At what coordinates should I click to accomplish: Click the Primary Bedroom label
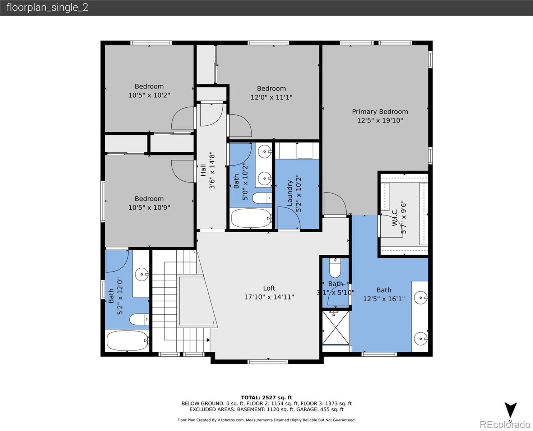point(380,112)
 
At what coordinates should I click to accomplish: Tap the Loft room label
point(269,288)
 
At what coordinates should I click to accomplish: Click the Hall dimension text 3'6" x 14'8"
point(212,170)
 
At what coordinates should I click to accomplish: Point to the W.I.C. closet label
point(395,218)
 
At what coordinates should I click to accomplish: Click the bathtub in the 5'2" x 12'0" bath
point(128,341)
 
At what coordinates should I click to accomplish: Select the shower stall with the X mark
point(335,328)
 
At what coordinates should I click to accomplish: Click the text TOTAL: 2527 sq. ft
point(266,398)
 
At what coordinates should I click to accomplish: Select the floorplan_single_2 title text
point(47,8)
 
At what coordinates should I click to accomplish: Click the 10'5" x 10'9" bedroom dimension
point(149,208)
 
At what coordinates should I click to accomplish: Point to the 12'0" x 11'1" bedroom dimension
point(271,97)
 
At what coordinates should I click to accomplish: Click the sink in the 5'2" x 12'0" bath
point(142,275)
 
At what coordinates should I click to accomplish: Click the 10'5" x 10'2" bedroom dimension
point(149,95)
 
